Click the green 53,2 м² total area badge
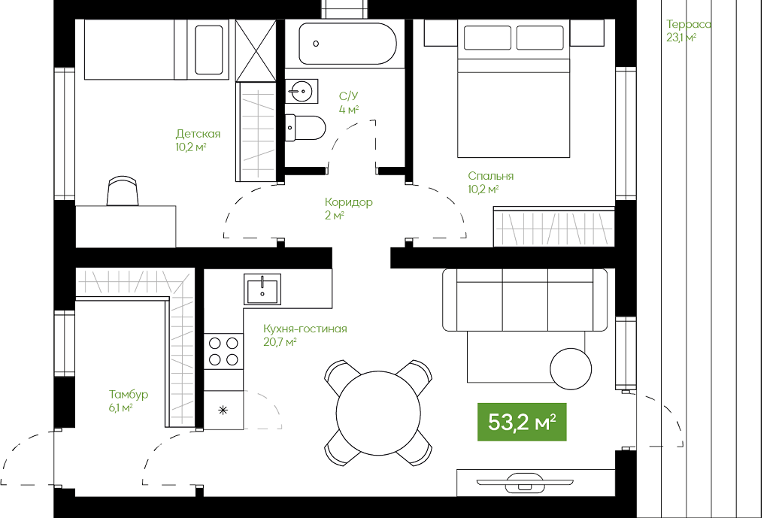pyautogui.click(x=522, y=422)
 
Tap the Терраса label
pyautogui.click(x=688, y=24)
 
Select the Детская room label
pyautogui.click(x=198, y=134)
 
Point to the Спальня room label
pyautogui.click(x=490, y=176)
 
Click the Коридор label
pyautogui.click(x=349, y=202)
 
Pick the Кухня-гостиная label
pyautogui.click(x=305, y=329)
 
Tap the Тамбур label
pyautogui.click(x=129, y=395)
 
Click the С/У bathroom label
pyautogui.click(x=349, y=96)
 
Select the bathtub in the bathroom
pyautogui.click(x=347, y=44)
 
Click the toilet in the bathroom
pyautogui.click(x=305, y=128)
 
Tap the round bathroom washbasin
pyautogui.click(x=302, y=91)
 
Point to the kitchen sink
pyautogui.click(x=262, y=289)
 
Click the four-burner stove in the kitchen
pyautogui.click(x=223, y=352)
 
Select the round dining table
pyautogui.click(x=378, y=413)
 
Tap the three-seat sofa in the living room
pyautogui.click(x=525, y=300)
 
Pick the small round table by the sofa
pyautogui.click(x=571, y=369)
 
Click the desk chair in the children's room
pyautogui.click(x=123, y=190)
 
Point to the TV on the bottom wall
pyautogui.click(x=525, y=483)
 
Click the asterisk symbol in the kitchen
pyautogui.click(x=223, y=410)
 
